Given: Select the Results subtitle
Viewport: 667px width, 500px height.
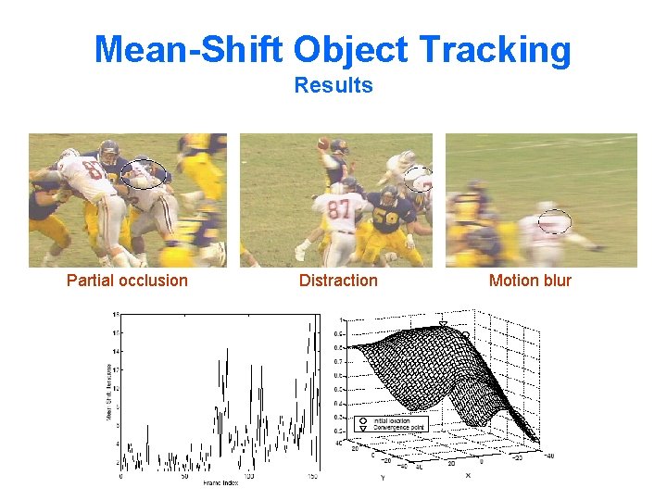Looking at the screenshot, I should pyautogui.click(x=333, y=85).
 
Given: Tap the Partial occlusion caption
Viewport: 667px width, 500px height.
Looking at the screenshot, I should pyautogui.click(x=127, y=281).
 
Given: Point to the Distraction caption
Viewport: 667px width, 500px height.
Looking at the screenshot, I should pyautogui.click(x=338, y=281).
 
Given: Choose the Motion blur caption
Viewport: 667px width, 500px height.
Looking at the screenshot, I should pyautogui.click(x=530, y=281).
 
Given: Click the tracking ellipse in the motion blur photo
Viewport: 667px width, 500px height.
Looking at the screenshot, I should pyautogui.click(x=554, y=221).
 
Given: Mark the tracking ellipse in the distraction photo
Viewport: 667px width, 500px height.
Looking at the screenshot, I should pyautogui.click(x=419, y=179).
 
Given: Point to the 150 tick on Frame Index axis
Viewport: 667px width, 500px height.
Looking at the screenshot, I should pyautogui.click(x=312, y=477).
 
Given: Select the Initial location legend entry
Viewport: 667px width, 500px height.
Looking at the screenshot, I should pyautogui.click(x=392, y=419).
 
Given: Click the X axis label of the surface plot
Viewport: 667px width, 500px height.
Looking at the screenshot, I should pyautogui.click(x=468, y=474).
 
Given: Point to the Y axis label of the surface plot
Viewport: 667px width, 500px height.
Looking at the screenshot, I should pyautogui.click(x=382, y=479).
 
